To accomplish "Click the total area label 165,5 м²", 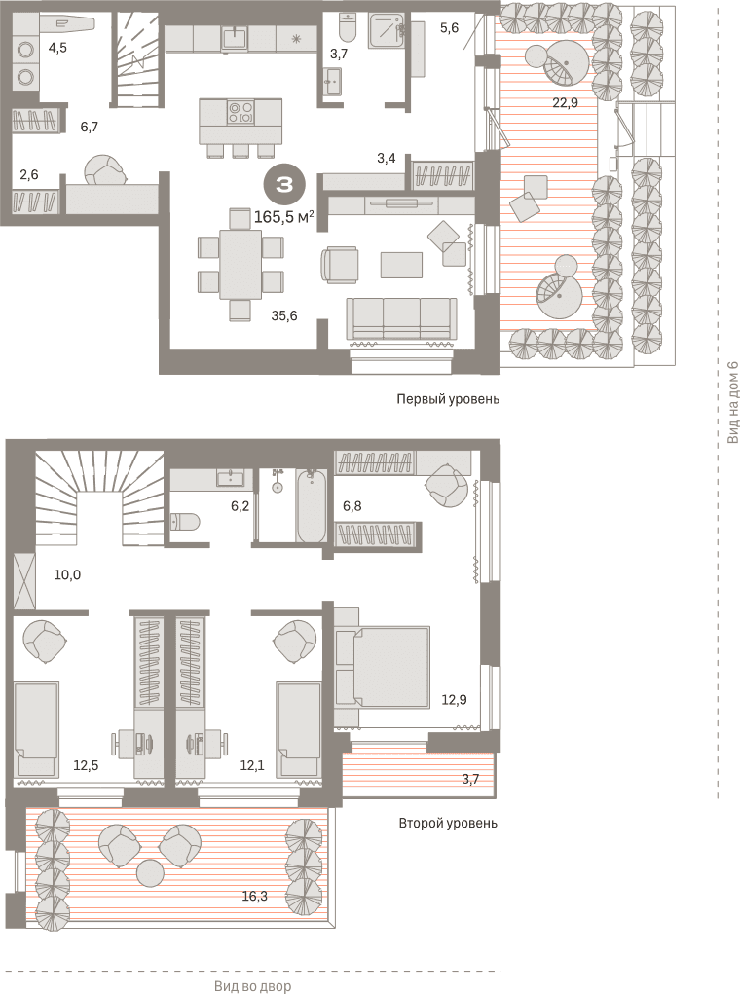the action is pos(284,217).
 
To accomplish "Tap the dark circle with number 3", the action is pos(284,184).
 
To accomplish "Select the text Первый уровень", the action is pos(448,399).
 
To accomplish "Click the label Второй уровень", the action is pos(448,823).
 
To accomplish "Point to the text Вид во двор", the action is pos(252,986).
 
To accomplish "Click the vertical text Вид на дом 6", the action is pos(732,402).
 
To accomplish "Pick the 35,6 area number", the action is pos(284,315).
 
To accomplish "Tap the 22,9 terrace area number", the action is pos(565,101).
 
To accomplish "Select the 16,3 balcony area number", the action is pos(254,896).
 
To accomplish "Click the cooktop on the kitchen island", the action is pos(240,112).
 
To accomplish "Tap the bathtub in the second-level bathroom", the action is pos(312,505).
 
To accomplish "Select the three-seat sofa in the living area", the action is pos(401,318).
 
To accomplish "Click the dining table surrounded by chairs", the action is pos(240,264).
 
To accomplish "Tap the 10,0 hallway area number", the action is pos(67,575).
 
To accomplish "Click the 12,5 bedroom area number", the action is pos(86,765).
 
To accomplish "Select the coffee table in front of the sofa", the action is pos(401,265).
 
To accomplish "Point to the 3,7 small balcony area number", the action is pos(470,779).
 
